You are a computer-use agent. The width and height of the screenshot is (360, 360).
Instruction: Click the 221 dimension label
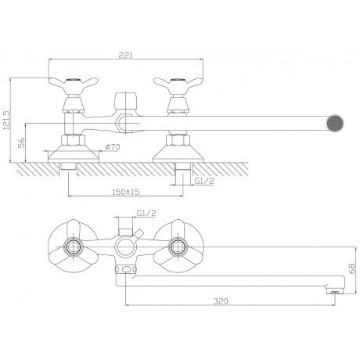pyautogui.click(x=126, y=56)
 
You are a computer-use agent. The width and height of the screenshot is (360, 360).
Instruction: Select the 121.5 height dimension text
pyautogui.click(x=5, y=121)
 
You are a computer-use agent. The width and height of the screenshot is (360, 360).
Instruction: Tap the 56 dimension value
pyautogui.click(x=21, y=142)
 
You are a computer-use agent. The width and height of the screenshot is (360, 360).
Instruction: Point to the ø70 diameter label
pyautogui.click(x=113, y=147)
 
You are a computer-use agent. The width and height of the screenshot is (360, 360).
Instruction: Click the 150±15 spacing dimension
pyautogui.click(x=126, y=192)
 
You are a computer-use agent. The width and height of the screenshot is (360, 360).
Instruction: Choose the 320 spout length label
pyautogui.click(x=221, y=301)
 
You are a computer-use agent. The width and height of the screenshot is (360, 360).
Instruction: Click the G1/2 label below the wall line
pyautogui.click(x=204, y=181)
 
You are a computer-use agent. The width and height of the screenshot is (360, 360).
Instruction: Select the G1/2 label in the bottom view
pyautogui.click(x=146, y=213)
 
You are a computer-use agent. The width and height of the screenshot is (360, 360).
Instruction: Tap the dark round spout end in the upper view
pyautogui.click(x=335, y=123)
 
